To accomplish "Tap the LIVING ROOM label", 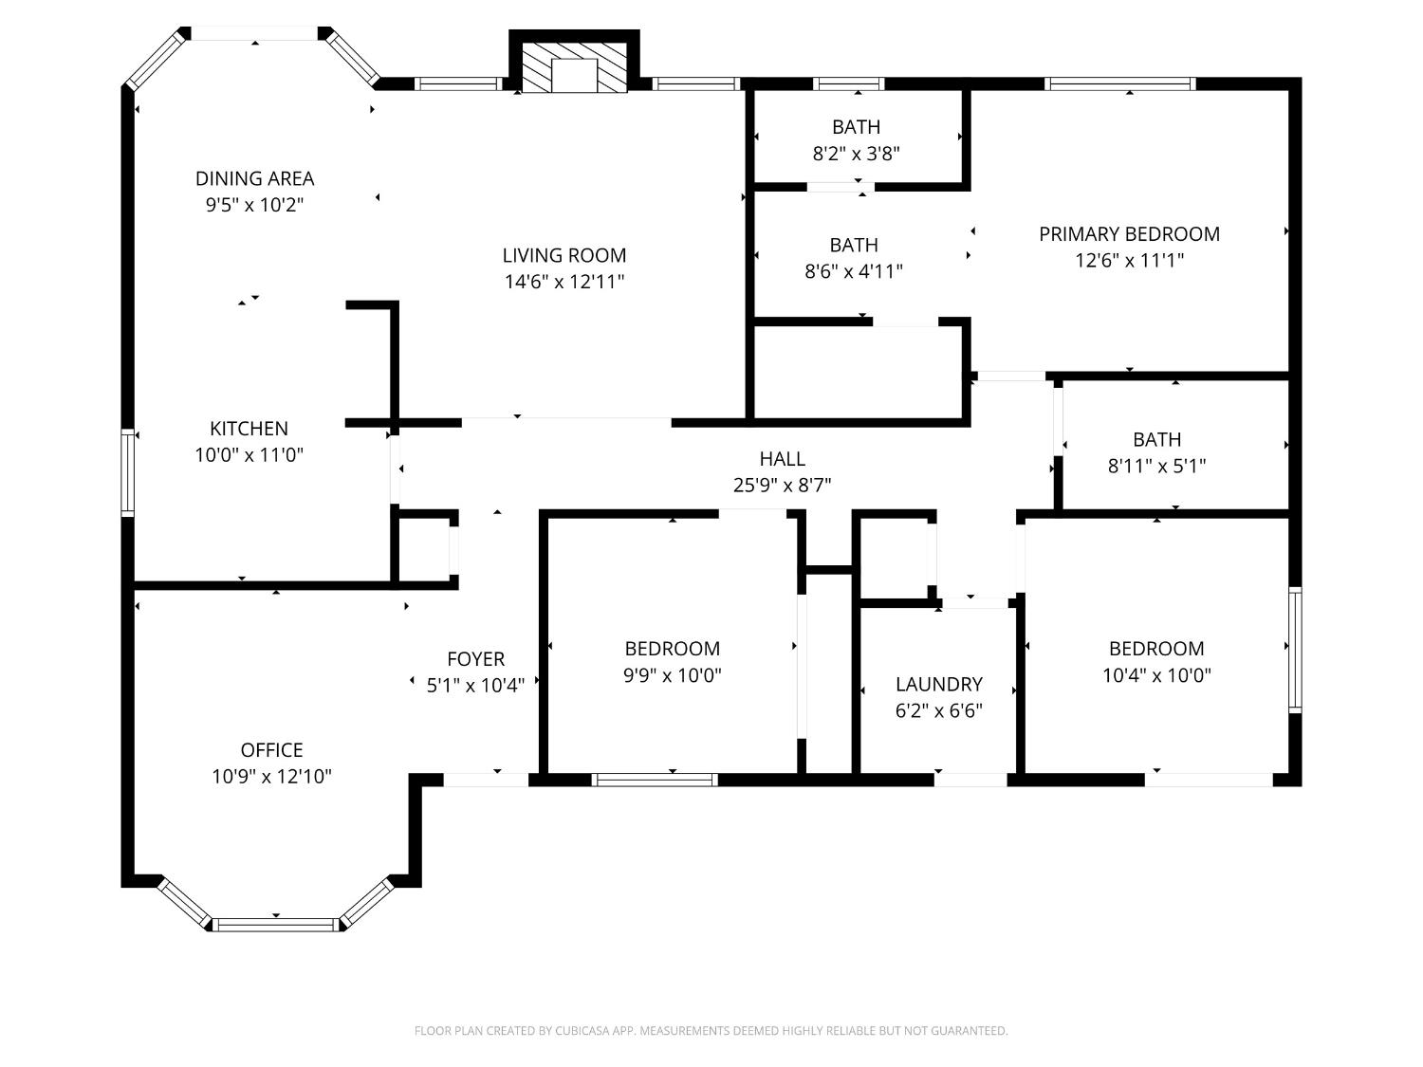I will (564, 255).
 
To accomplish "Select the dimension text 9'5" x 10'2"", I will (254, 204).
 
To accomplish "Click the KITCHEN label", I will (249, 429).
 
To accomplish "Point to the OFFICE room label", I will (271, 750).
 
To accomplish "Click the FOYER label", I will (475, 659).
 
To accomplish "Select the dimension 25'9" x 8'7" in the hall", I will (782, 486).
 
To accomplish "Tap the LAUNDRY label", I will (938, 685).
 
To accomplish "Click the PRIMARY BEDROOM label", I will (1129, 234).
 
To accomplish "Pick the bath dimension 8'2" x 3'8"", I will (856, 153).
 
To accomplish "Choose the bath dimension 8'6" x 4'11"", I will (853, 271).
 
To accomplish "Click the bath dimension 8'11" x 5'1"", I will (1156, 466).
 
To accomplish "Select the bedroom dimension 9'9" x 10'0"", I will (672, 675).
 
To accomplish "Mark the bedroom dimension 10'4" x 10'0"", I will (1156, 675).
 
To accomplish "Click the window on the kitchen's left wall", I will (127, 472).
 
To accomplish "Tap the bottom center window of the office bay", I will (275, 924).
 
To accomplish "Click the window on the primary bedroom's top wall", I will (1119, 83).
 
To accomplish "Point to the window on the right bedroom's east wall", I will (1294, 649).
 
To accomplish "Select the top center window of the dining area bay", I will (254, 33).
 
